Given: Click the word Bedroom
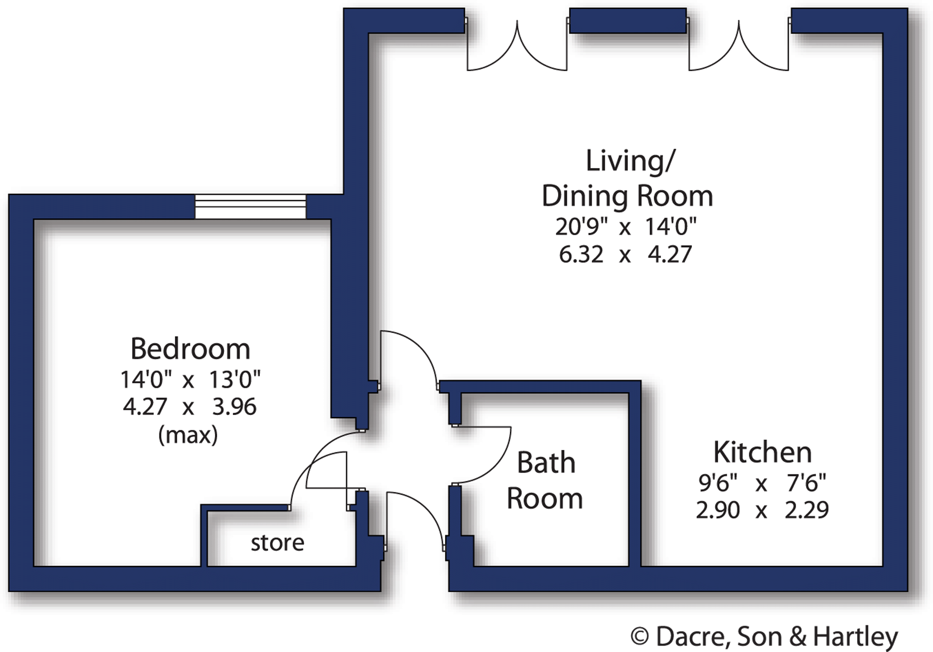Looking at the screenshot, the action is [x=190, y=349].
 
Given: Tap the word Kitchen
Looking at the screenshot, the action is [x=762, y=452].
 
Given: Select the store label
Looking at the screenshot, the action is [x=277, y=543].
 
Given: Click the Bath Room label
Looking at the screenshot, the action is [x=545, y=480].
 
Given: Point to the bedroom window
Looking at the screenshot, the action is [x=250, y=206].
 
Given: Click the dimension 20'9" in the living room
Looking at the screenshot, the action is [x=582, y=226].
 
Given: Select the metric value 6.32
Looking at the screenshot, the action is [x=581, y=254].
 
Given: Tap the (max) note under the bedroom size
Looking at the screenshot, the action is [x=188, y=434].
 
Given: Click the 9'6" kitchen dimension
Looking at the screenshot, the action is [x=718, y=483].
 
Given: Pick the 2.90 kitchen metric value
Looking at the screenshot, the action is [x=718, y=510].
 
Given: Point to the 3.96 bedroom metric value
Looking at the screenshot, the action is [x=234, y=407].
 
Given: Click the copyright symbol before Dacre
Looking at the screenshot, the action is [x=639, y=637].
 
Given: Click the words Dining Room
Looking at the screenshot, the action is [x=628, y=196].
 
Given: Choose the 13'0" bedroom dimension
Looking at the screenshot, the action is [x=235, y=380].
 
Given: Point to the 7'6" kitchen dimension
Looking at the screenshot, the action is [x=806, y=483].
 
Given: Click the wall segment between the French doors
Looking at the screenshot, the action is [x=628, y=21].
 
